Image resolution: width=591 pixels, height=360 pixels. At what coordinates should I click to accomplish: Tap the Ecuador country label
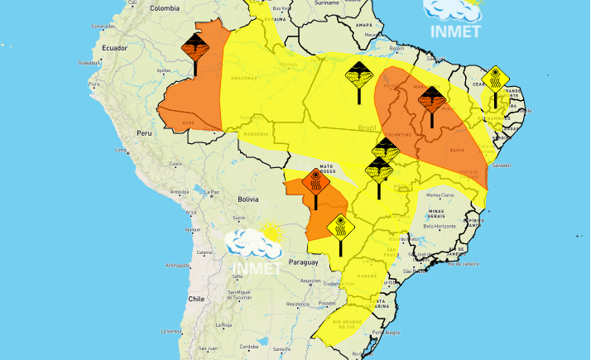coord(113,48)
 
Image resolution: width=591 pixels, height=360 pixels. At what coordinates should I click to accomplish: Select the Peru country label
coord(145,132)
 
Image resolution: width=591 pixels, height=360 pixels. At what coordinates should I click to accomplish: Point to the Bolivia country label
coord(248,199)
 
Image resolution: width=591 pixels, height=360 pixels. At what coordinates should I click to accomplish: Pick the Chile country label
coord(195,299)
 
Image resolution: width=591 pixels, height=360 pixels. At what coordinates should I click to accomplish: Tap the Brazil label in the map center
coord(367,127)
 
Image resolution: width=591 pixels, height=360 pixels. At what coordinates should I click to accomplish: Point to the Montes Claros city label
coord(440,194)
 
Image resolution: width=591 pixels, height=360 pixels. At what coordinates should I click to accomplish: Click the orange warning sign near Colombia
coord(195,45)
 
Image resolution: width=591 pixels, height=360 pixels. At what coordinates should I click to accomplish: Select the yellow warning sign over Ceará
coord(495,79)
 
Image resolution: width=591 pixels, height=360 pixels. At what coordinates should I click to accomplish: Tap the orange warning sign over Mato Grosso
coord(316,182)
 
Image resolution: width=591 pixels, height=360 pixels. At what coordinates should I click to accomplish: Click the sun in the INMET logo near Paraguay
coord(268,232)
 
